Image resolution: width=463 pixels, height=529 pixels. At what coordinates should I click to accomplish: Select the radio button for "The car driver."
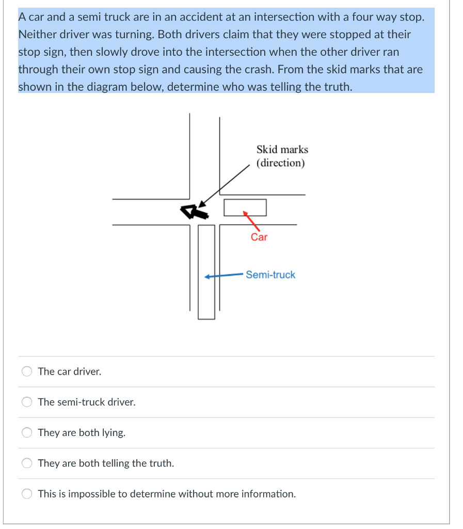click(27, 371)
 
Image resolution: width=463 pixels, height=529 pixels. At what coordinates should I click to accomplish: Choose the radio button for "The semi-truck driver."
click(27, 402)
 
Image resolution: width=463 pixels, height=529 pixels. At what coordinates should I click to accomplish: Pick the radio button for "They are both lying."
click(27, 432)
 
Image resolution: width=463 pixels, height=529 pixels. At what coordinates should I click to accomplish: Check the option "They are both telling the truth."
click(27, 463)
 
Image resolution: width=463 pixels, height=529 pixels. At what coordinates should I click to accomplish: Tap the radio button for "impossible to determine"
click(27, 494)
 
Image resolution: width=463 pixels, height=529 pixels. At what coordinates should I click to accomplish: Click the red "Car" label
click(259, 237)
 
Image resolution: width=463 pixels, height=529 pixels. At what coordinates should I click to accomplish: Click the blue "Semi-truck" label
click(270, 275)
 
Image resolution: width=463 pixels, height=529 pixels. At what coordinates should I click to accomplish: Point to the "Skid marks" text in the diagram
click(282, 149)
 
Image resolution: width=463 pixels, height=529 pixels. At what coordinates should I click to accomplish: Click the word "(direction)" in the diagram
click(281, 163)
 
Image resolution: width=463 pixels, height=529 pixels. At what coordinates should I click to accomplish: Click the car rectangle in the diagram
click(245, 208)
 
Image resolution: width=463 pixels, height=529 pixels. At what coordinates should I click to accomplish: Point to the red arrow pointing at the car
click(251, 220)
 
